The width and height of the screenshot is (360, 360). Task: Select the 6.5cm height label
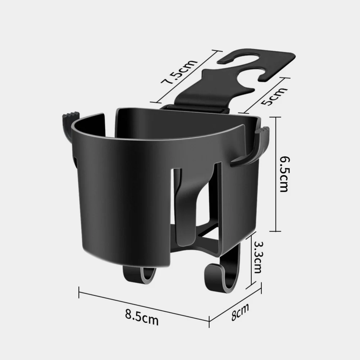pos(284,174)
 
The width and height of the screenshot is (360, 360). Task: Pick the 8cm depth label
pos(240,312)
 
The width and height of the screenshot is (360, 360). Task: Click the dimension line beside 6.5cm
pos(276,174)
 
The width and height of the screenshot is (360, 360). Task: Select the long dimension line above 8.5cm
pos(144,305)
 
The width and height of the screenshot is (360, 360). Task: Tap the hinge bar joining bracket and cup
pos(196,108)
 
